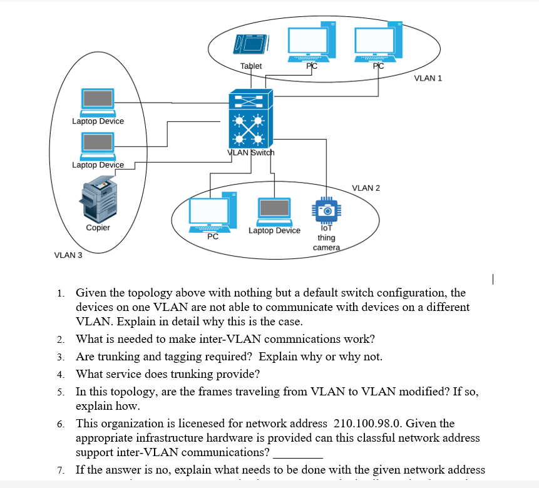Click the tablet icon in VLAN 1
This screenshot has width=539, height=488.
252,43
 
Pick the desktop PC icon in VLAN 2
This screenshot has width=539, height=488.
213,213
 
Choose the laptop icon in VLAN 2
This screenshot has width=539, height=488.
274,211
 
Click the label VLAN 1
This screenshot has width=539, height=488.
428,78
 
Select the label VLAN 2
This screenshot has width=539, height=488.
366,188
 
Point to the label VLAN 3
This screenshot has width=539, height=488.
68,255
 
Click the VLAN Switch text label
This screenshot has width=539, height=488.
250,153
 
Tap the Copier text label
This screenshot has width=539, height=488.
98,228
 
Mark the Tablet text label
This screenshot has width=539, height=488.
251,66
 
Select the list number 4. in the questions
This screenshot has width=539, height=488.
60,375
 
